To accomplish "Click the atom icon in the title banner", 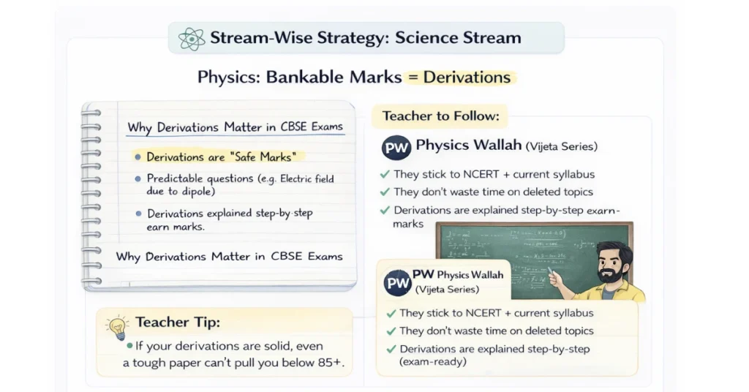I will pyautogui.click(x=192, y=38).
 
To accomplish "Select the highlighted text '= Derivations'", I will pyautogui.click(x=461, y=77).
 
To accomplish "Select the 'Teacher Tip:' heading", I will pyautogui.click(x=177, y=323).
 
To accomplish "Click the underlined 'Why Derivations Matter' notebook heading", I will pyautogui.click(x=235, y=127).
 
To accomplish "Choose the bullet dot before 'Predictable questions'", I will pyautogui.click(x=138, y=178).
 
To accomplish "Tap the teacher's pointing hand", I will pyautogui.click(x=556, y=278).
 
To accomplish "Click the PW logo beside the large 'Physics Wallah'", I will pyautogui.click(x=396, y=148).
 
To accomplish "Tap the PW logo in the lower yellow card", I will pyautogui.click(x=397, y=282).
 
